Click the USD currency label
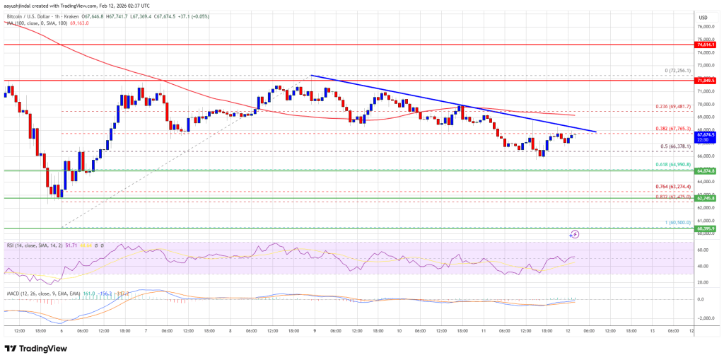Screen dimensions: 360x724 pyautogui.click(x=703, y=18)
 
